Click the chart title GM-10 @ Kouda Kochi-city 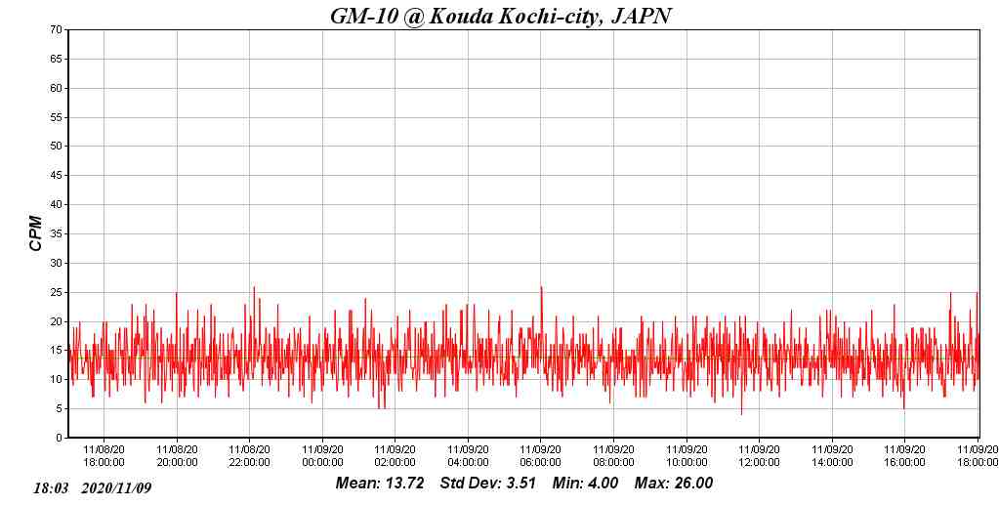(500, 16)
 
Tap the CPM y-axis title (36, 233)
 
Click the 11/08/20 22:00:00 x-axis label (249, 456)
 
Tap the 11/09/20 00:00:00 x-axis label (322, 456)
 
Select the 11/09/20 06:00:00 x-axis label (540, 456)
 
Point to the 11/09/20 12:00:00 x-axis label (759, 456)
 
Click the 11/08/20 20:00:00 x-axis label (177, 456)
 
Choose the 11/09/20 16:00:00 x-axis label (904, 456)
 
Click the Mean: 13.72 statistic (380, 484)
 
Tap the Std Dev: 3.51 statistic (488, 484)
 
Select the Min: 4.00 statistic (585, 484)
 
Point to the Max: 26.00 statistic (674, 484)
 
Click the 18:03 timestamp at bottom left (51, 487)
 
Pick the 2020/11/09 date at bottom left (117, 487)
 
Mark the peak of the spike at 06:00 (541, 287)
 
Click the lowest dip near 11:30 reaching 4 (741, 414)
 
